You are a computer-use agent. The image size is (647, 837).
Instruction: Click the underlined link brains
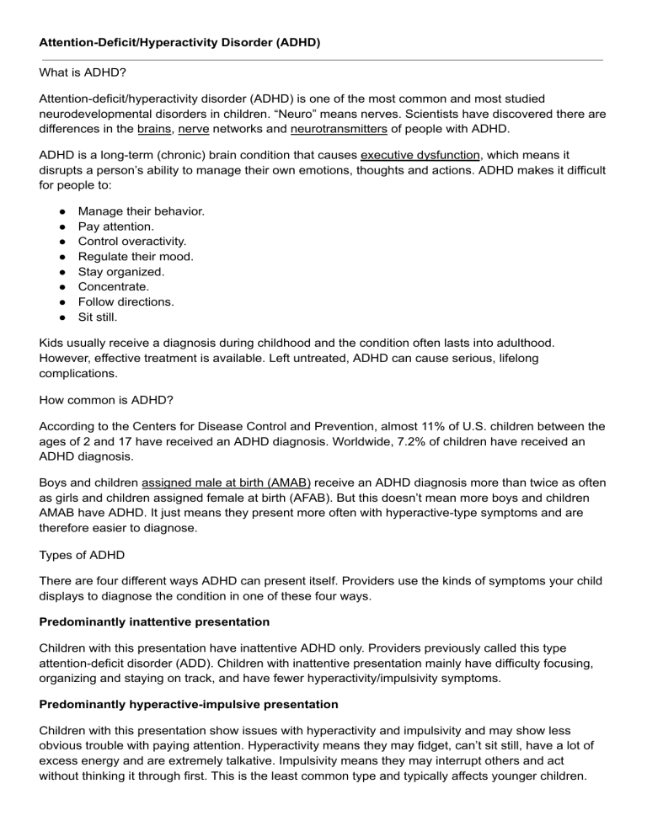pos(154,130)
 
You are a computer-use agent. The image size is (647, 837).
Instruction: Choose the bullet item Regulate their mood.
pos(136,255)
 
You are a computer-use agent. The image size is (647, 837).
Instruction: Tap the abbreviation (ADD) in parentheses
pos(202,672)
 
